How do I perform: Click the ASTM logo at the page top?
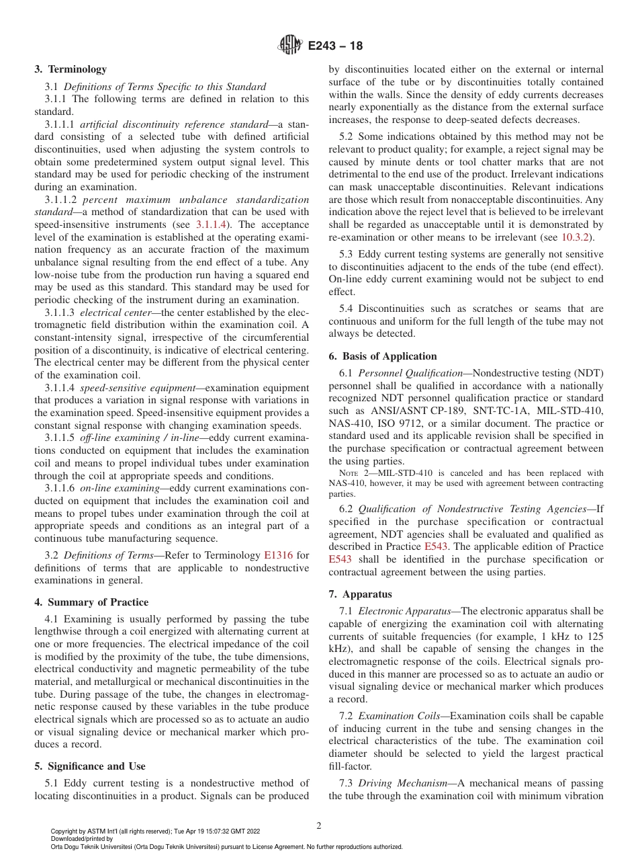point(289,46)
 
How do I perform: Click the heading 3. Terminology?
point(71,69)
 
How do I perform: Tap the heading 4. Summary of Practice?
point(91,602)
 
